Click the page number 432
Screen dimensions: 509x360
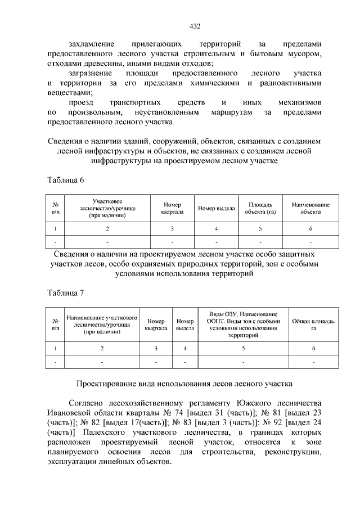tap(196, 26)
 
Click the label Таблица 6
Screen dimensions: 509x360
tap(65, 179)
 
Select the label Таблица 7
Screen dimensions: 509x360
tap(65, 292)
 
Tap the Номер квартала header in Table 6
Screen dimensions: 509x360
tap(172, 209)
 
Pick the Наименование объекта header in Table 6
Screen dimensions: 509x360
tap(310, 209)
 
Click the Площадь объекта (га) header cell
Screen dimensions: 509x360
tap(260, 209)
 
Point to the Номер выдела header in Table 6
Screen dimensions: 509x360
tap(216, 209)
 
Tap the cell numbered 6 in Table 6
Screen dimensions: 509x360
tap(310, 229)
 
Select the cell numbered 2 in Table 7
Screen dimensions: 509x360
tap(102, 349)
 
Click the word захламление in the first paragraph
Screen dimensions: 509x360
tap(92, 44)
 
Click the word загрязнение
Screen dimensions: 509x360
tap(91, 74)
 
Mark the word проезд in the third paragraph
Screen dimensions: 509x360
tap(82, 103)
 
